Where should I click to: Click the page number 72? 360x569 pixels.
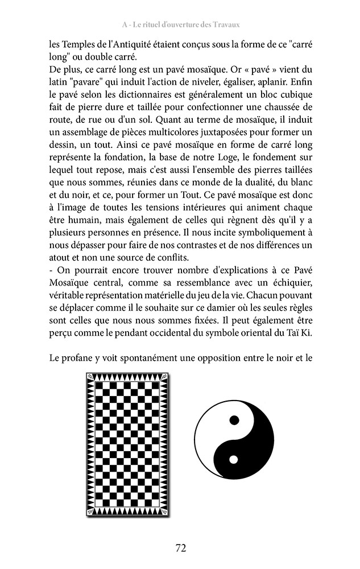[180, 548]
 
